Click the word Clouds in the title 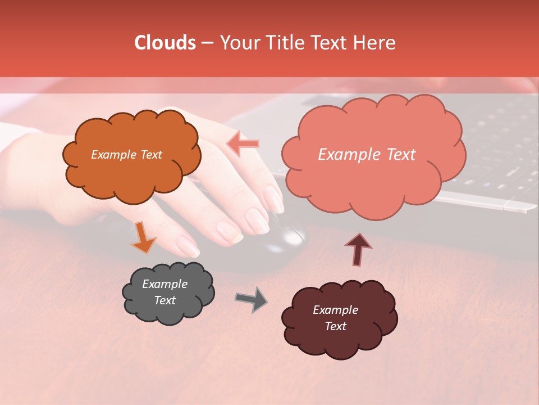point(165,43)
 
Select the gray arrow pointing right point(252,299)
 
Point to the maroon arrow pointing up point(358,249)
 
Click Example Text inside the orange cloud point(126,155)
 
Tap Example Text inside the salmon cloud point(367,155)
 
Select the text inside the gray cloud point(165,292)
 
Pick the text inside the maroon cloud point(335,318)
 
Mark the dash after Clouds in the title point(207,43)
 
